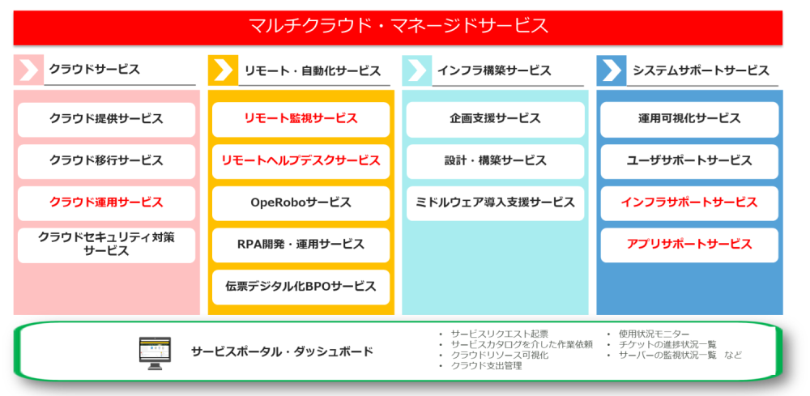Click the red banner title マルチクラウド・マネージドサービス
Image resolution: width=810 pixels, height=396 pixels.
click(x=398, y=25)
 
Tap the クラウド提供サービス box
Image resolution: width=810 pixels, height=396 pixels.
click(x=106, y=119)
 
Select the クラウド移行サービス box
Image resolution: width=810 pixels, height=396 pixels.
click(x=106, y=161)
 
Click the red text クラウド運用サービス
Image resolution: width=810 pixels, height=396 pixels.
click(x=106, y=202)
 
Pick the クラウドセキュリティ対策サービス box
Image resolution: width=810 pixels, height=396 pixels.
click(x=106, y=245)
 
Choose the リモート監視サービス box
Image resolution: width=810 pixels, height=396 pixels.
click(x=301, y=119)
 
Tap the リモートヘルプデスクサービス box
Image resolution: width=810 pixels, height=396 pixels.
click(x=301, y=161)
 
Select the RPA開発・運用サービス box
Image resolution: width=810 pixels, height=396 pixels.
click(x=301, y=245)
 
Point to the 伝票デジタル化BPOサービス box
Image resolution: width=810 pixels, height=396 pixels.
click(x=301, y=287)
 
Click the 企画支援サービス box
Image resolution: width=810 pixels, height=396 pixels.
click(x=495, y=119)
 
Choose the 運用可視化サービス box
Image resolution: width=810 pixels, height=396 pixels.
click(x=689, y=119)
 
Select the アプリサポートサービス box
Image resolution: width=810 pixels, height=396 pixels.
click(x=689, y=245)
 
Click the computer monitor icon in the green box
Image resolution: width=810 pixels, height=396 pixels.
click(x=155, y=353)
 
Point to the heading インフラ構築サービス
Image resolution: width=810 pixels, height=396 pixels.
click(x=494, y=70)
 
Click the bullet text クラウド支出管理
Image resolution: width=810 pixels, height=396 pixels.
click(x=487, y=366)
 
